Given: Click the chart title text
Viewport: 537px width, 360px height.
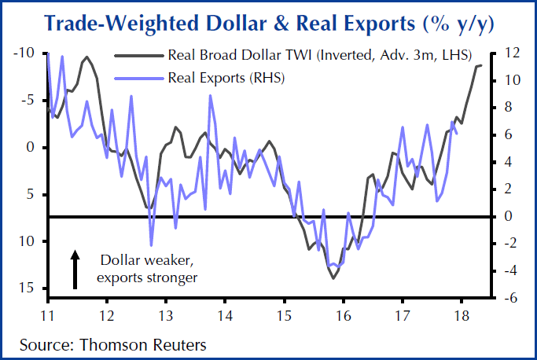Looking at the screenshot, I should pyautogui.click(x=267, y=23).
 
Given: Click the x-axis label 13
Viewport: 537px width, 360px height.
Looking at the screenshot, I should pyautogui.click(x=166, y=316).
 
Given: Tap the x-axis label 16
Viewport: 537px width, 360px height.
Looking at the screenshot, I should pyautogui.click(x=343, y=316).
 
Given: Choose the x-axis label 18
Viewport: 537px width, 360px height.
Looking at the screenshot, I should pyautogui.click(x=461, y=316).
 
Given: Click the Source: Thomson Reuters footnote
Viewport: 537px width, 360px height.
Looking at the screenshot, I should pyautogui.click(x=112, y=344).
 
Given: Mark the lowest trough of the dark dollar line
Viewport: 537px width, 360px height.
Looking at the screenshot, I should pyautogui.click(x=334, y=278).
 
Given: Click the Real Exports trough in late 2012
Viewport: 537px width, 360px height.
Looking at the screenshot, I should pyautogui.click(x=152, y=245).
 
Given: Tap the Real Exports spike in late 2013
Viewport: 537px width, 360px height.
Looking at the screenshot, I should pyautogui.click(x=211, y=96).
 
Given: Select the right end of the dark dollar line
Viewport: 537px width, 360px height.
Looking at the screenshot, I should pyautogui.click(x=481, y=65).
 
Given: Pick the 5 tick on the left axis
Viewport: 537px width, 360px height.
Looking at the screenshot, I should pyautogui.click(x=30, y=194).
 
